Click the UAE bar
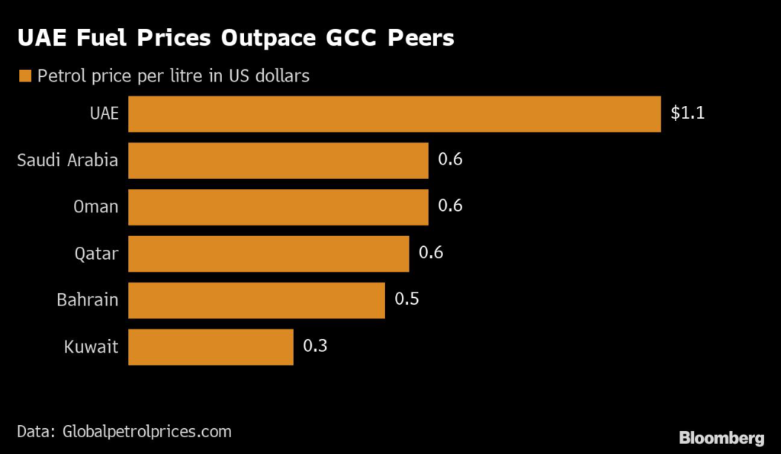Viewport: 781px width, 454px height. point(394,113)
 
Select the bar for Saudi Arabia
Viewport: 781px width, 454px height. point(278,160)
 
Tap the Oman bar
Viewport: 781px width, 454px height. point(278,206)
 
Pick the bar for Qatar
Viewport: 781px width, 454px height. point(268,253)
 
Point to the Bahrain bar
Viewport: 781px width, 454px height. point(256,299)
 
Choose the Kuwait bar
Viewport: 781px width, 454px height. point(211,347)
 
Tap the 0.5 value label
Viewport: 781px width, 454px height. point(407,299)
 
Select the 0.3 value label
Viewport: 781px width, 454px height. point(315,347)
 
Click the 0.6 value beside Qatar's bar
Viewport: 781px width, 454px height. point(431,253)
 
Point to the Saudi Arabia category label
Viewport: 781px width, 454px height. point(67,160)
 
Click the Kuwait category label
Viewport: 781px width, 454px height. point(92,347)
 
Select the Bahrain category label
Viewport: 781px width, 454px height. point(88,299)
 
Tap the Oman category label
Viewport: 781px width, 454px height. point(96,206)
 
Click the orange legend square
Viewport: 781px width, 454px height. point(24,76)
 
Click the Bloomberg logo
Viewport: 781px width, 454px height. point(722,437)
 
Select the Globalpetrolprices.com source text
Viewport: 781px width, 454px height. point(143,431)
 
